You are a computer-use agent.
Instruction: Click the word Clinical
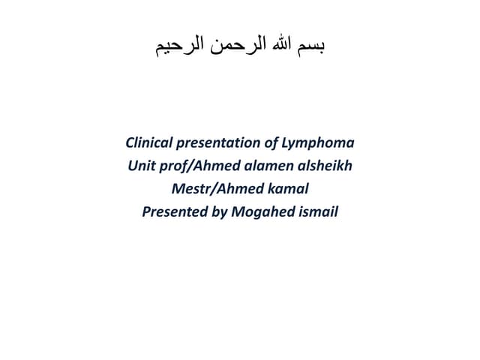[149, 142]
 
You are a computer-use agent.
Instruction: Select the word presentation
[217, 142]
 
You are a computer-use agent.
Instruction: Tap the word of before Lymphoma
[270, 142]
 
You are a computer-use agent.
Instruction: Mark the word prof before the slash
[175, 166]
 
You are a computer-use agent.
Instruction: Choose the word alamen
[265, 166]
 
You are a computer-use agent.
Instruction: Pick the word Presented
[175, 212]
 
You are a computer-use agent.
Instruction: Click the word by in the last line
[220, 212]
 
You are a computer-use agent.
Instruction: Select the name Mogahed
[265, 212]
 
